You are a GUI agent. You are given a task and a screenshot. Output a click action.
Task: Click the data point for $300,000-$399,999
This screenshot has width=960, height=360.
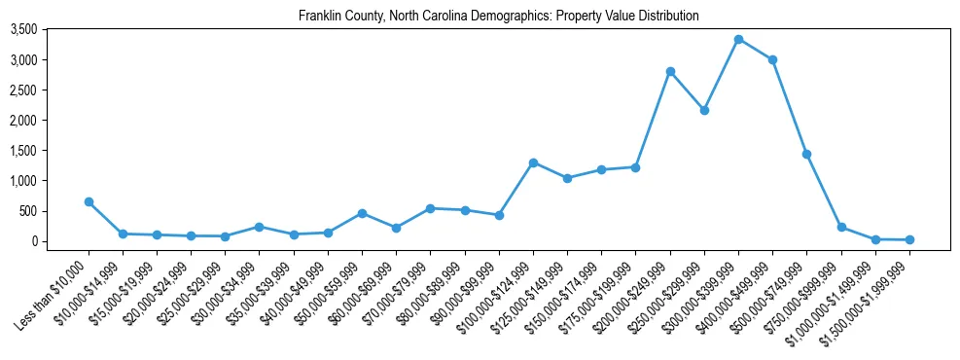[738, 40]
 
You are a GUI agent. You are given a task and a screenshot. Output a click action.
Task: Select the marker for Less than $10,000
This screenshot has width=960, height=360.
[89, 202]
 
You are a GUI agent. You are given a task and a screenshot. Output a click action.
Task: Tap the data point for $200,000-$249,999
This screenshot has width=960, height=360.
[670, 71]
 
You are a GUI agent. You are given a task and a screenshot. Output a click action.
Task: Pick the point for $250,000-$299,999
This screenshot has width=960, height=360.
[704, 111]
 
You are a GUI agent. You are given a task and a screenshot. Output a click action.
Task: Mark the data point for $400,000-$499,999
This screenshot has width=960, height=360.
[772, 60]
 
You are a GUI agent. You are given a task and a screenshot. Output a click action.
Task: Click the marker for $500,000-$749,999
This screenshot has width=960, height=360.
[806, 154]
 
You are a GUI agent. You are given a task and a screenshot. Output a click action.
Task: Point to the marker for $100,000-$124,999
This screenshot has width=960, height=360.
[533, 162]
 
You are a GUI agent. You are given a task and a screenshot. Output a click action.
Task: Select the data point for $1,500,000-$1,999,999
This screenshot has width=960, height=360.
[909, 239]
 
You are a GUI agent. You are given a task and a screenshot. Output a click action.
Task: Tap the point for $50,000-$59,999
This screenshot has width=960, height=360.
[362, 213]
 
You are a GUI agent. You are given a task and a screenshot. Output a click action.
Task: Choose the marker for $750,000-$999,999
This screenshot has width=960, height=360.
[841, 227]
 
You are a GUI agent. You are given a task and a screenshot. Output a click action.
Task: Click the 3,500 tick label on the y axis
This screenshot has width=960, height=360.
[22, 30]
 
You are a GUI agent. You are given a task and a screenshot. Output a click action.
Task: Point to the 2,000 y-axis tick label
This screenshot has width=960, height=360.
[22, 121]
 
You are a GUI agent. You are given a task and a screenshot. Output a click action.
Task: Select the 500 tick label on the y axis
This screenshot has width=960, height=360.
[27, 211]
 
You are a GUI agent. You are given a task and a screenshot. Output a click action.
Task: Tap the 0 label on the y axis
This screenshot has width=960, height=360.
[33, 241]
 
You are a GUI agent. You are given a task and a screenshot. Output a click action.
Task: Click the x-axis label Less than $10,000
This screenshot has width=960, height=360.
[54, 288]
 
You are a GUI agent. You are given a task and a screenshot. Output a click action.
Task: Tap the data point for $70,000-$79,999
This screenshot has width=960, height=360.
[431, 208]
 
